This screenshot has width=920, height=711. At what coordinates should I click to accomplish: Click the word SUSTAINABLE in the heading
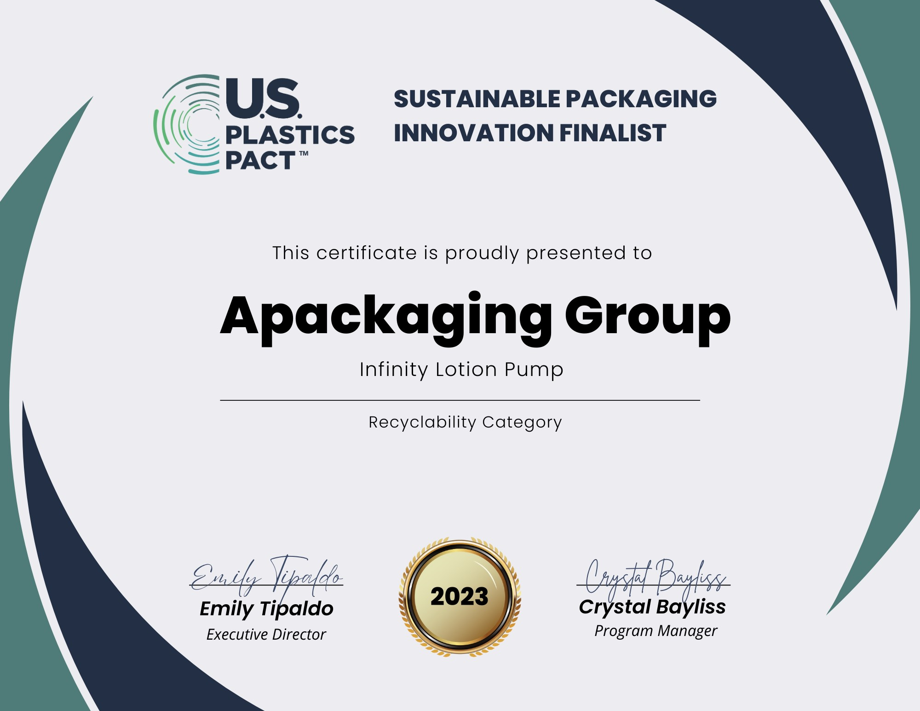[477, 99]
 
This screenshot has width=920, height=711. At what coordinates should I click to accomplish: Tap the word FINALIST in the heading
[613, 133]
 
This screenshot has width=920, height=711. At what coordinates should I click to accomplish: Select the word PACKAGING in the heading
[641, 99]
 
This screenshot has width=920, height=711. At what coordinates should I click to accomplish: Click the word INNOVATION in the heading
[474, 133]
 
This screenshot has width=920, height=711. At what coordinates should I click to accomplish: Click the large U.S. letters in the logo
[264, 98]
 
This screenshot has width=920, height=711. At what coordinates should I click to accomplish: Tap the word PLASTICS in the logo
[290, 134]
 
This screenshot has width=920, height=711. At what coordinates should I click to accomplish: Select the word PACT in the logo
[260, 160]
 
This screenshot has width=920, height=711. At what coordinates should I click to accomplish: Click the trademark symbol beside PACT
[304, 154]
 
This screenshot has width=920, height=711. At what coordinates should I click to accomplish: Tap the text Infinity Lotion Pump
[461, 370]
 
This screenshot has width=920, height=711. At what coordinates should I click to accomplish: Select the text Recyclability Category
[465, 422]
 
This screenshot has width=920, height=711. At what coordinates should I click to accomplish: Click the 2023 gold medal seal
[460, 596]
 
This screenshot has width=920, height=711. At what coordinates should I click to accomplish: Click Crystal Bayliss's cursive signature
[654, 579]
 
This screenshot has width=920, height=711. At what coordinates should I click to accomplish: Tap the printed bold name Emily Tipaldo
[266, 609]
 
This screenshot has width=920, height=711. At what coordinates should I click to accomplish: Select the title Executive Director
[266, 635]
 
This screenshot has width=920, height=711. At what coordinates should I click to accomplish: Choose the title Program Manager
[655, 631]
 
